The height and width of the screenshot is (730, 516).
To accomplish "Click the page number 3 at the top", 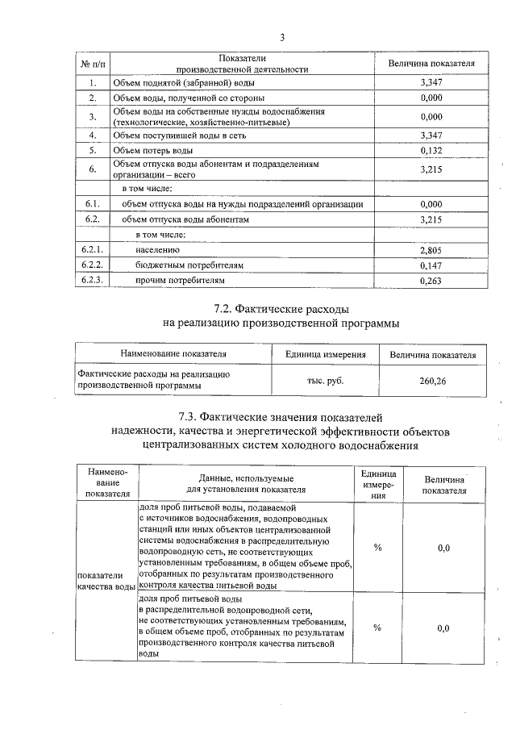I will (282, 37).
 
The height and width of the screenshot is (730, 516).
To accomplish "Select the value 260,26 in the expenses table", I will (432, 381).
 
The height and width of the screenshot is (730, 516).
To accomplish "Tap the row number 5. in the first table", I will (93, 150).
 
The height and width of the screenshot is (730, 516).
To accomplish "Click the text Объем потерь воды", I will (153, 150).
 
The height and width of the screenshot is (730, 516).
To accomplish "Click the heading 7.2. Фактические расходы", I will (281, 309).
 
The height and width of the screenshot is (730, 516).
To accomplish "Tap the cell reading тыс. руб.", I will (326, 381).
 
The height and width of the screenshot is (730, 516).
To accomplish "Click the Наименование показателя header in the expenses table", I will (173, 354).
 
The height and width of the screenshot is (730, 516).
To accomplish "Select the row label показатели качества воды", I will (105, 581).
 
